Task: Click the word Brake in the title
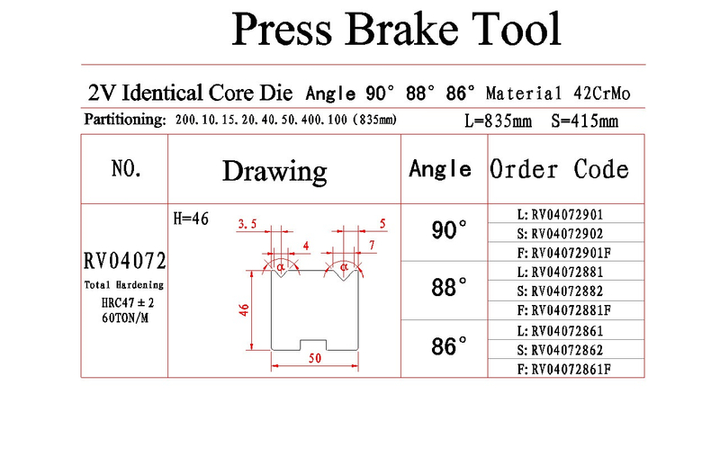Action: coord(401,30)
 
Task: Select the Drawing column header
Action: coord(274,172)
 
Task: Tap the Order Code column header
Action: coord(559,169)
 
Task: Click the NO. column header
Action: coord(126,168)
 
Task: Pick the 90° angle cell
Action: coord(449,229)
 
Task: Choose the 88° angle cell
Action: coord(449,287)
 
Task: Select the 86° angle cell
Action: coord(449,346)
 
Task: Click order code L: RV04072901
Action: coord(560,214)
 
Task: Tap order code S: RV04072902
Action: coord(560,234)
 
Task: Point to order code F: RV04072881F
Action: coord(564,310)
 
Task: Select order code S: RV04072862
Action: coord(560,350)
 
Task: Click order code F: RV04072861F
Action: coord(564,370)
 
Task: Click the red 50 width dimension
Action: coord(314,358)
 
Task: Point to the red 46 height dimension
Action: coord(244,309)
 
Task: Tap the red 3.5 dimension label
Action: coord(247,224)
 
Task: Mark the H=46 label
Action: coord(191,219)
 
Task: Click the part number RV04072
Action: coord(125,261)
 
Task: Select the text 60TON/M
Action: coord(125,318)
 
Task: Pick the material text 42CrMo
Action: coord(601,94)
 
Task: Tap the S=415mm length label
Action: coord(584,121)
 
